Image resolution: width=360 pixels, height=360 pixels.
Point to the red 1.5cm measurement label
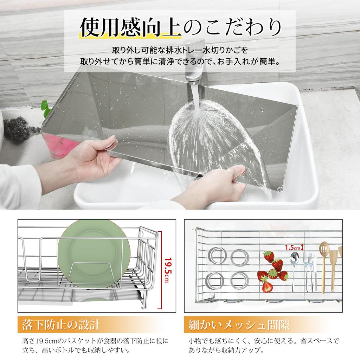point(292,247)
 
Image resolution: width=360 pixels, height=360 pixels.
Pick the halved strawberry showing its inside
point(267,286)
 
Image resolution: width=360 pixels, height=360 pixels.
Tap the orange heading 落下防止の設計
point(61,324)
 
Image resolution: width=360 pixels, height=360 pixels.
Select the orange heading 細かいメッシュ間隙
point(239,324)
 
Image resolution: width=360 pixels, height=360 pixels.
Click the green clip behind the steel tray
point(45,105)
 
